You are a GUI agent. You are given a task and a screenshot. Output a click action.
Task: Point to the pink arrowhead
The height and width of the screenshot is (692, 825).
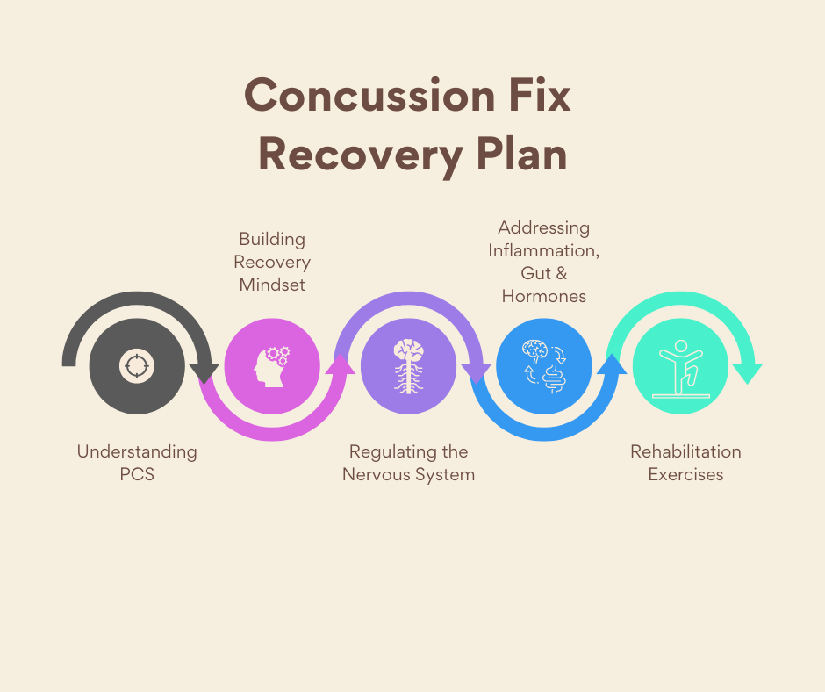[341, 361]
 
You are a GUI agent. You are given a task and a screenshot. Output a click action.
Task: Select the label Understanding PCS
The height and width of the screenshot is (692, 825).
[137, 463]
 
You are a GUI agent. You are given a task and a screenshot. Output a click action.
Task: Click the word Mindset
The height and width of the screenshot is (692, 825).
[272, 285]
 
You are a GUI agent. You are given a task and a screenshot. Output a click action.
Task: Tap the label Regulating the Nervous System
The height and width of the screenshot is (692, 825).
[408, 463]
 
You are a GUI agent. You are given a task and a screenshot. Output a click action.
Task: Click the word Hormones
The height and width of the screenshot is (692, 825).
[544, 296]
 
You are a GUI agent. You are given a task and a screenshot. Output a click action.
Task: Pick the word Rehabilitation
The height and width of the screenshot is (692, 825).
[685, 451]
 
